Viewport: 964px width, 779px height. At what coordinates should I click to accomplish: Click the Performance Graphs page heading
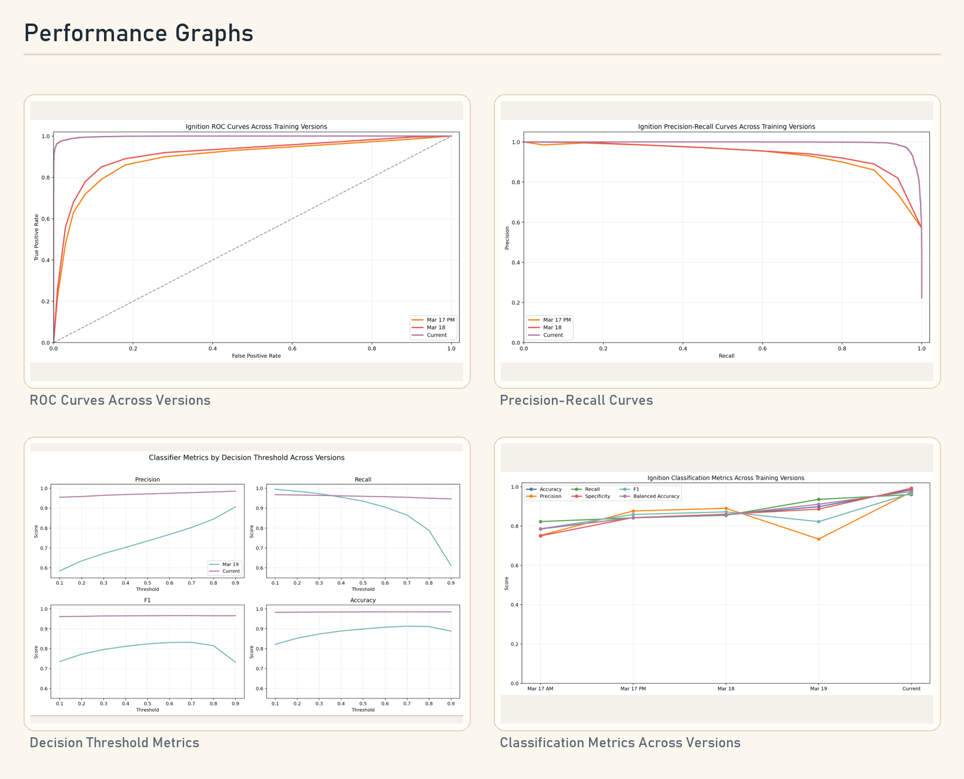(x=139, y=34)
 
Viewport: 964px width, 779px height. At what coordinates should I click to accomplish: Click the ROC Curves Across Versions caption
(x=120, y=400)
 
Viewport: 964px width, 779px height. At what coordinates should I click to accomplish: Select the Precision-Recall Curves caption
(x=576, y=400)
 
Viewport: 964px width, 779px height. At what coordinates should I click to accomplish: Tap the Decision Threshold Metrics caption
(x=115, y=743)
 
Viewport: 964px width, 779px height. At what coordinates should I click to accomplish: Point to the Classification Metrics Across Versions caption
(x=620, y=743)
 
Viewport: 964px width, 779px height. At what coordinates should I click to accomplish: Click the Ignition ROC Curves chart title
(x=256, y=126)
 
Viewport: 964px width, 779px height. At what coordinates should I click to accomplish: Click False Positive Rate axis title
(x=256, y=356)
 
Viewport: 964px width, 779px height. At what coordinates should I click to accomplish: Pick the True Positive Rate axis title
(x=36, y=238)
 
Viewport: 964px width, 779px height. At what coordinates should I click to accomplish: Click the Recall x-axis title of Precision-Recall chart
(x=727, y=356)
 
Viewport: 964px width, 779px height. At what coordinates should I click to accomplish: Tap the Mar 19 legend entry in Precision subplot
(x=225, y=564)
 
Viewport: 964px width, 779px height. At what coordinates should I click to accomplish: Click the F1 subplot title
(x=148, y=600)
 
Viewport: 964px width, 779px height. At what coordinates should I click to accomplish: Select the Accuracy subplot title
(x=363, y=600)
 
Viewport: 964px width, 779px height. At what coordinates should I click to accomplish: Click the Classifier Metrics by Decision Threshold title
(x=247, y=458)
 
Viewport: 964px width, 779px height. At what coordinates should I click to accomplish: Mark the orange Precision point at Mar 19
(x=819, y=539)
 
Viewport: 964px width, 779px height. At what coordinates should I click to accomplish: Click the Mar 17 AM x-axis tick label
(x=540, y=689)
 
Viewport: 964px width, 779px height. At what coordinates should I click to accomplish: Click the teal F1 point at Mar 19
(x=819, y=522)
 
